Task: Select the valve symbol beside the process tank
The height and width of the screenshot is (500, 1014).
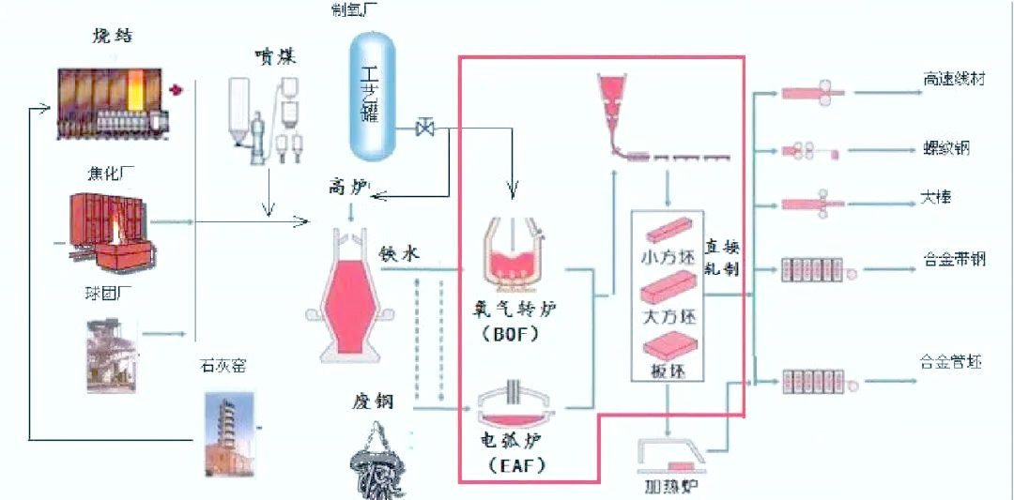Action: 424,127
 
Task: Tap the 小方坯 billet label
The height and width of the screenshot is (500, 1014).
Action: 667,253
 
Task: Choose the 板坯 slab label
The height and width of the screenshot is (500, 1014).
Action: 667,371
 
